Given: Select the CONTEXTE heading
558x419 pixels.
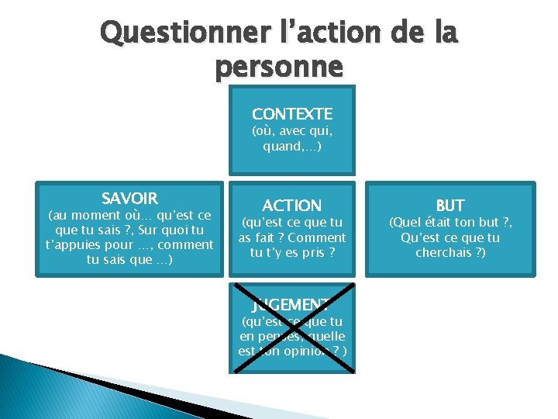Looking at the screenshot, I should (292, 114).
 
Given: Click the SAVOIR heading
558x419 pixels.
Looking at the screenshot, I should (129, 199).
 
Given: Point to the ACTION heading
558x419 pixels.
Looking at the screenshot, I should (292, 206).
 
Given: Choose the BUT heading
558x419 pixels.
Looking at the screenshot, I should (450, 206).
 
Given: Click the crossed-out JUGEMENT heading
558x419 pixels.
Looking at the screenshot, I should (292, 304).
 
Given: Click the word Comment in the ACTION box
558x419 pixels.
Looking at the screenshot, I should (316, 238).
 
